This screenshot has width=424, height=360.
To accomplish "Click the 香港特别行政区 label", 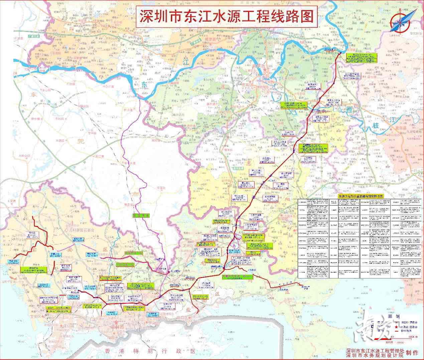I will (x=150, y=351).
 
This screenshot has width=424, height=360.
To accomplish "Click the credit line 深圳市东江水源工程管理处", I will (x=375, y=352).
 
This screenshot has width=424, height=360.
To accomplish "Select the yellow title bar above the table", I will (x=361, y=196).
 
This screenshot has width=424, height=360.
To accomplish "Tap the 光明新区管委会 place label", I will (x=81, y=230).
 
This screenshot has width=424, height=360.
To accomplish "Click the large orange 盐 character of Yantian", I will (x=188, y=310).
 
